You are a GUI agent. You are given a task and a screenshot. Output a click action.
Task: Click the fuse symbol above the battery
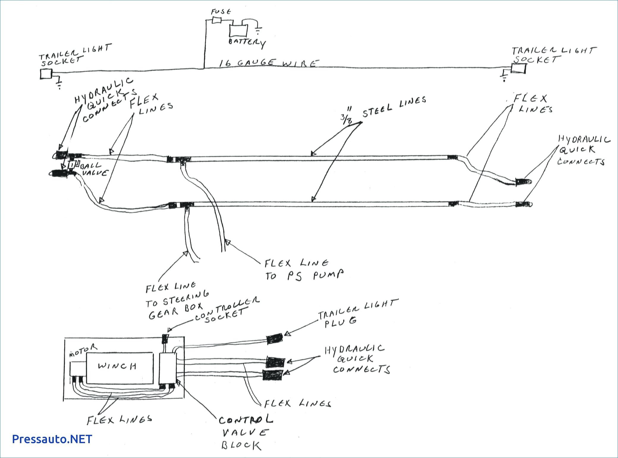pos(217,20)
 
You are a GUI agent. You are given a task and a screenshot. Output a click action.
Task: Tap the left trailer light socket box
pos(46,74)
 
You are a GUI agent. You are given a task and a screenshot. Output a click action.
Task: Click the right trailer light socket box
pos(518,68)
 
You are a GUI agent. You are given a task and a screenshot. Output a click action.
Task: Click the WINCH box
pos(119,368)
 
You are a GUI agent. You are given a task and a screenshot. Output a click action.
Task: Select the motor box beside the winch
pos(78,369)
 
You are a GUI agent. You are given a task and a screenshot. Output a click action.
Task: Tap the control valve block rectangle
pos(168,368)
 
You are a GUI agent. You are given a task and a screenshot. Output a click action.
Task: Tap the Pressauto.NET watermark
pos(52,439)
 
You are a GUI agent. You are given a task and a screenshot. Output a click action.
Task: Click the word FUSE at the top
pos(221,12)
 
